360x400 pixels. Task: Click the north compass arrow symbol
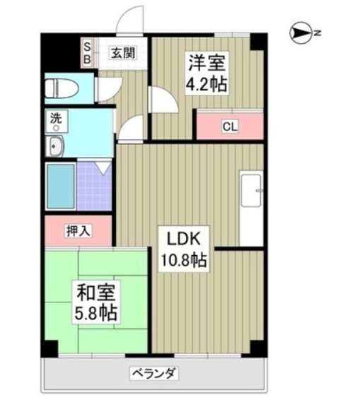click(303, 32)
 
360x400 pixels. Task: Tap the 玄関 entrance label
click(123, 52)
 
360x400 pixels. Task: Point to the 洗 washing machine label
click(54, 119)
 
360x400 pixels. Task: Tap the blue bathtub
click(61, 186)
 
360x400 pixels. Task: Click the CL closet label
click(229, 128)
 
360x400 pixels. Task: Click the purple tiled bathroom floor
click(94, 186)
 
